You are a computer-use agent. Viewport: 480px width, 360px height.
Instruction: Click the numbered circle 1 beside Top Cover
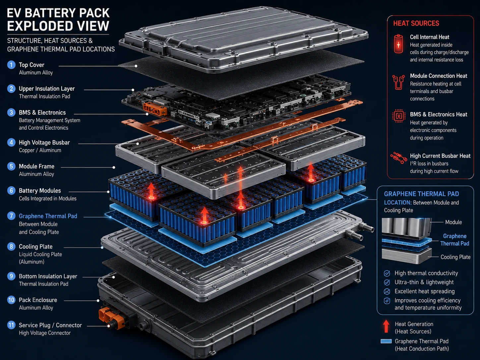pos(11,65)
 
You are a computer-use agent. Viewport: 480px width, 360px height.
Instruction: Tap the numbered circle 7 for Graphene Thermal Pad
pos(11,216)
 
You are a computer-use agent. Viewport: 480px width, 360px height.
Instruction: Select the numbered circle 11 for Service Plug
pos(11,325)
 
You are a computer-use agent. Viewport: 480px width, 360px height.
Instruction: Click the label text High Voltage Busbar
pos(44,143)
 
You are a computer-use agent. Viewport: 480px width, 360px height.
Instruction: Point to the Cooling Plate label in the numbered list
pos(36,247)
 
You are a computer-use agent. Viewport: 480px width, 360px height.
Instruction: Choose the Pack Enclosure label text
pos(38,300)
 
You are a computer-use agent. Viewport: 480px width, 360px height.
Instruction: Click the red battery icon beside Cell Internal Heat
pos(398,44)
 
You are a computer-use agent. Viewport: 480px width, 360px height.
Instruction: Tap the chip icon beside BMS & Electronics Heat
pos(399,116)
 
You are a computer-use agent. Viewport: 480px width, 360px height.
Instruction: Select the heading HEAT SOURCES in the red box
pos(416,24)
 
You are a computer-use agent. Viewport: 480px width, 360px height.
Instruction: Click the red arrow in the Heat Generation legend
pos(386,326)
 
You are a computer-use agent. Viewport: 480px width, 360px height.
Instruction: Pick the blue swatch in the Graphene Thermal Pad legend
pos(386,341)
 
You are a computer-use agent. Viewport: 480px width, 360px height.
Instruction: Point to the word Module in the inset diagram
pos(453,222)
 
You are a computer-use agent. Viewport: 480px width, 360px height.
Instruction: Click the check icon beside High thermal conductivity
pos(387,273)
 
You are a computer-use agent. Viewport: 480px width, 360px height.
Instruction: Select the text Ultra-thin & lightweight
pos(424,282)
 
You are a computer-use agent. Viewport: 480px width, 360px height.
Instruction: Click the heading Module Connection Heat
pos(439,76)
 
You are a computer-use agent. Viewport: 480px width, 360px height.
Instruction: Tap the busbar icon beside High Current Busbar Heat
pos(397,158)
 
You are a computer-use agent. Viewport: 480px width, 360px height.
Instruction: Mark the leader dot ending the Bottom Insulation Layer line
pos(113,277)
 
